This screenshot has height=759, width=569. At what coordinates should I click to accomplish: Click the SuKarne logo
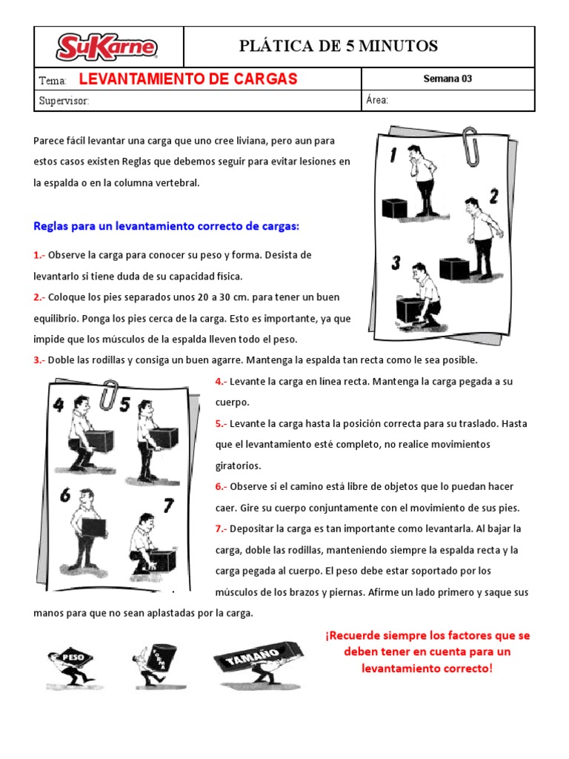tap(107, 47)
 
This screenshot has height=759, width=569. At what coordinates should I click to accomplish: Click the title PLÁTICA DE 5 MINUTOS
tap(339, 47)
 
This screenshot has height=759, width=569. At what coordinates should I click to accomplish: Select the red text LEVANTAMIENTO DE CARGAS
tap(187, 79)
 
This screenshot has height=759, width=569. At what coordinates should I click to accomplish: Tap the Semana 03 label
tap(447, 79)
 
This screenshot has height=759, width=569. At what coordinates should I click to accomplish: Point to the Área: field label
tap(377, 101)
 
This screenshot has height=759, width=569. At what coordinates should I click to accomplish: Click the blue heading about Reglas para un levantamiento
tap(166, 225)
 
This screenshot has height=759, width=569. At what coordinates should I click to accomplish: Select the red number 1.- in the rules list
tap(39, 255)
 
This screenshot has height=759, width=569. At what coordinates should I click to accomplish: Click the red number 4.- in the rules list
tap(222, 381)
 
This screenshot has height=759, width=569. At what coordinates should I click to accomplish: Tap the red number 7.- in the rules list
tap(222, 528)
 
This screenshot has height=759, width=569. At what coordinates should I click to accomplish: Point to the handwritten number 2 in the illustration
tap(493, 196)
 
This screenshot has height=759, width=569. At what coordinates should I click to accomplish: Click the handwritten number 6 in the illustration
tap(66, 494)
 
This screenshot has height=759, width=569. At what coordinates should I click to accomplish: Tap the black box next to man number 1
tap(394, 208)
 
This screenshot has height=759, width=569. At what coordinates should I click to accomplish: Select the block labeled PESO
tap(72, 657)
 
